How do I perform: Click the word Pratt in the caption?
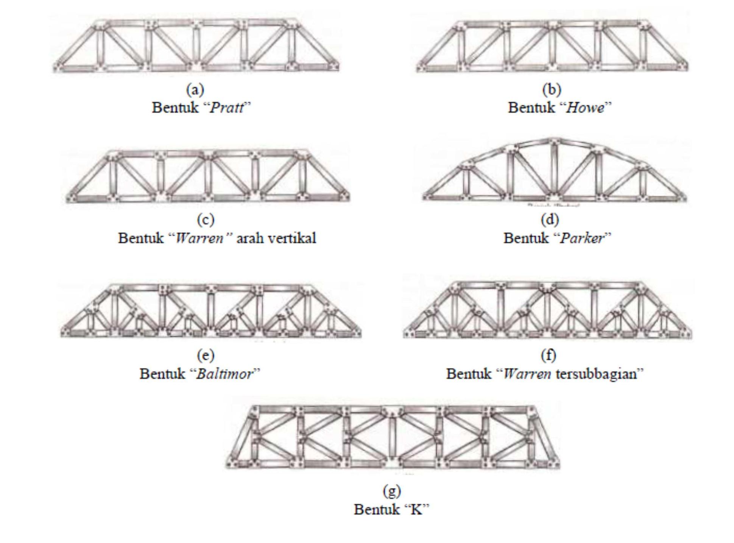227,108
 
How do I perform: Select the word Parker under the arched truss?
582,238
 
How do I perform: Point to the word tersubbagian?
597,374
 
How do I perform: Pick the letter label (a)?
195,90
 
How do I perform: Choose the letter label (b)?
552,90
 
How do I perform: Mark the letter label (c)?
206,220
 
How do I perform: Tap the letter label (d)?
550,220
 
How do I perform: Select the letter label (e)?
206,355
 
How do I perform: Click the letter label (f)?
549,355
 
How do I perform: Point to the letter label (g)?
391,491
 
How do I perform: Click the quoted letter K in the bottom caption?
416,510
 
